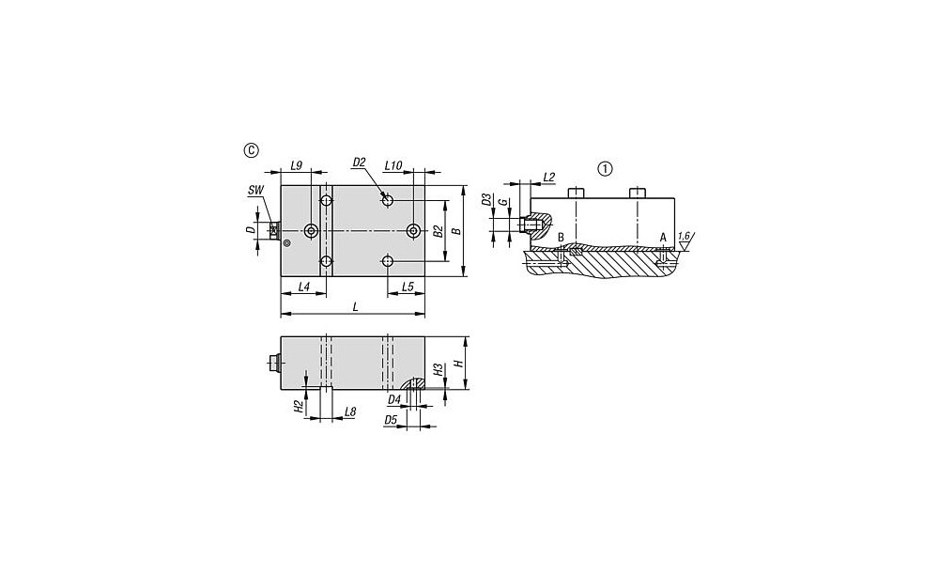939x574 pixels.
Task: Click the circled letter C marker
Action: click(252, 149)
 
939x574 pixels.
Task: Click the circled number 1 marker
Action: click(606, 169)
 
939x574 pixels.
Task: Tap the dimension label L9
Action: click(296, 164)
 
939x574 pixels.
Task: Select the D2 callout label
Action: click(360, 162)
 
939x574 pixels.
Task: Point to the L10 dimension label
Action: click(393, 164)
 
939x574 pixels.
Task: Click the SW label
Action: click(256, 191)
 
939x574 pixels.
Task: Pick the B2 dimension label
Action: click(438, 231)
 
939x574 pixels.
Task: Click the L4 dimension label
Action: click(303, 287)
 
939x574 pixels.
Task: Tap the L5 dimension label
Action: click(408, 287)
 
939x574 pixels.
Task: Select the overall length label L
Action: click(355, 307)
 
